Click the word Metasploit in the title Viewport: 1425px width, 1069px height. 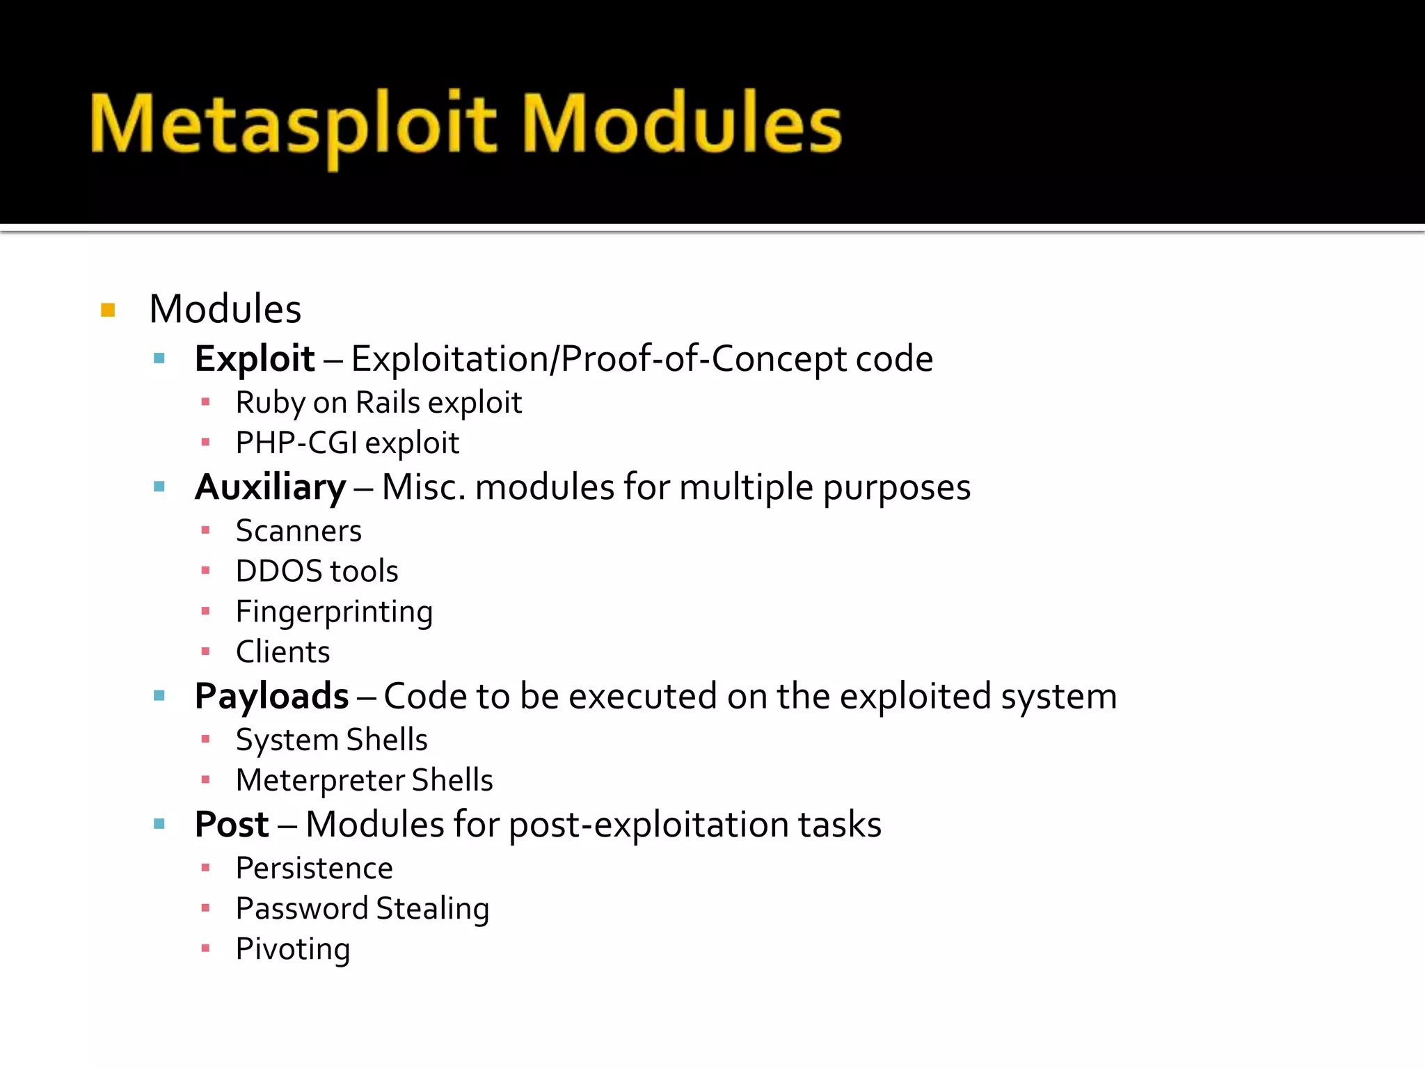(292, 125)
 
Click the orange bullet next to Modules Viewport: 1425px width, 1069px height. (108, 310)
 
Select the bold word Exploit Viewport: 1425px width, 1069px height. (255, 359)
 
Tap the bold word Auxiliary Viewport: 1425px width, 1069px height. (270, 487)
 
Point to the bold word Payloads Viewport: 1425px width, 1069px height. (271, 696)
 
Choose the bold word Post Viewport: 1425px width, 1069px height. (232, 825)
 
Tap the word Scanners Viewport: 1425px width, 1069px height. (298, 531)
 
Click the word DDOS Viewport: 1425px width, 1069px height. (278, 571)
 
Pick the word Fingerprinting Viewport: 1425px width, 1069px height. (334, 612)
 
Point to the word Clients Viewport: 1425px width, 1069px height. (283, 653)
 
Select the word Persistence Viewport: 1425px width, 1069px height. (315, 869)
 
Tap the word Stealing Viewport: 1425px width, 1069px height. (433, 909)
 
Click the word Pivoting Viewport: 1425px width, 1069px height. (293, 949)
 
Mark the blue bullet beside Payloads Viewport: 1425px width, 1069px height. (159, 695)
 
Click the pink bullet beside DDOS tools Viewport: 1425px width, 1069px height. (205, 571)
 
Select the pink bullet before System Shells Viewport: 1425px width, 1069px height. (205, 739)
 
